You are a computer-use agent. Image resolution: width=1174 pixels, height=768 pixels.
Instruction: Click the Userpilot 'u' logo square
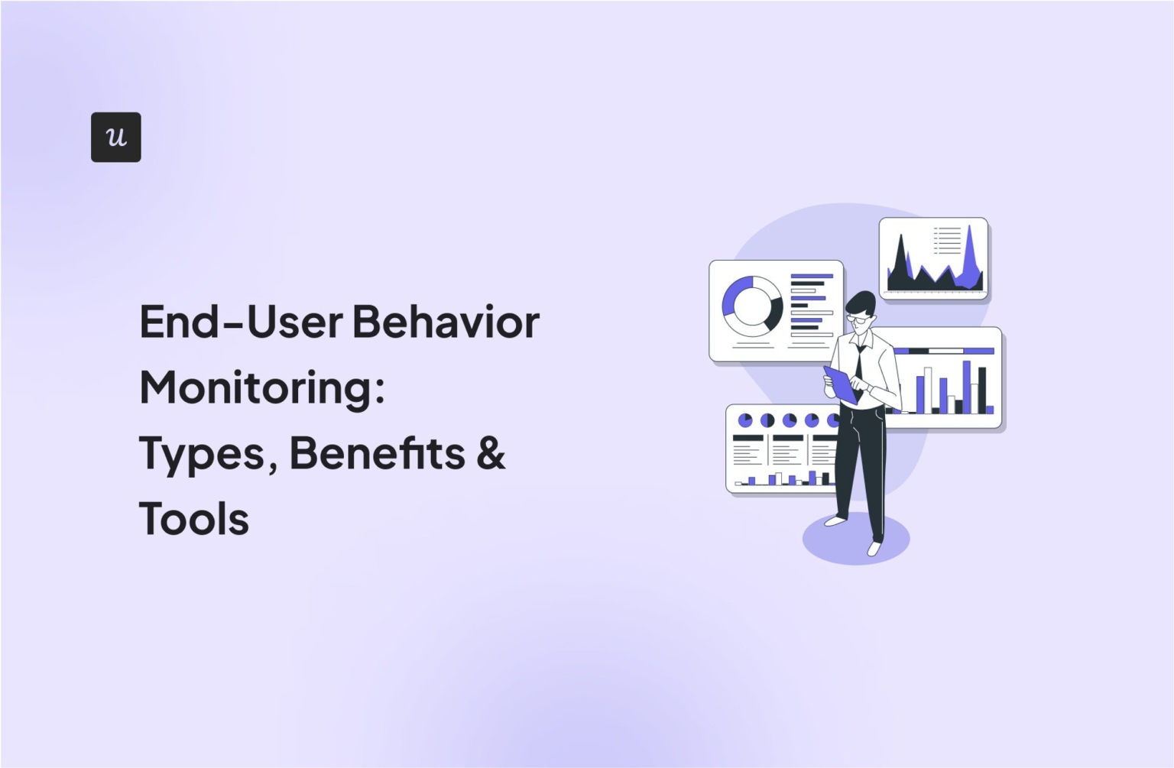point(115,137)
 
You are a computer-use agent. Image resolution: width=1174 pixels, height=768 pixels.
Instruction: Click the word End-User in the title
point(241,322)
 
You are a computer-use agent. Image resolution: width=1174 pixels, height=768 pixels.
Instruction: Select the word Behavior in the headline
point(446,322)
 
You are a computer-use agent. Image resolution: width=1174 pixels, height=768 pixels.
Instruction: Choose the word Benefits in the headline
point(377,453)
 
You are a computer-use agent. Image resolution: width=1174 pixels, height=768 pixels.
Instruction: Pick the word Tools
point(194,519)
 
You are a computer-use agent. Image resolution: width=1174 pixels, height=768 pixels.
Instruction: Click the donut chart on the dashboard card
point(752,306)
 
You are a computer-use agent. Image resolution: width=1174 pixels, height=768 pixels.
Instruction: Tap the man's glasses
point(859,317)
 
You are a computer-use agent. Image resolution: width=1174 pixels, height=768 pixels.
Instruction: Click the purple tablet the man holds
point(841,384)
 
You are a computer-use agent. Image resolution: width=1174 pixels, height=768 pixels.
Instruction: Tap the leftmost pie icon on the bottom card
point(744,420)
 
